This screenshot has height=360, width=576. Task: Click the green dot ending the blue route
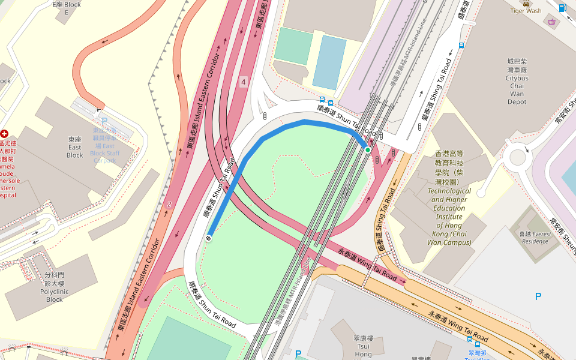[368, 150]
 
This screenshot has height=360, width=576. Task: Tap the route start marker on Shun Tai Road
[209, 238]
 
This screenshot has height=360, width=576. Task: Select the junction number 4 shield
[243, 82]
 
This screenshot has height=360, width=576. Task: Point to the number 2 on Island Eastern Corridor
[169, 205]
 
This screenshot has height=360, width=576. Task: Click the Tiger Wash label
[525, 10]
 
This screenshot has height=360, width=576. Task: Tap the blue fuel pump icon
[562, 8]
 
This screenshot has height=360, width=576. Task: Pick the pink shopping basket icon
[551, 22]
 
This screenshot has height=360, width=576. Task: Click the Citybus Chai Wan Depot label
[517, 82]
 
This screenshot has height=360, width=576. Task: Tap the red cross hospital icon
[5, 133]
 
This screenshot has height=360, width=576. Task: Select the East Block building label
[75, 147]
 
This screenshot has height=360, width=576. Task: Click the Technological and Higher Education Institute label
[449, 217]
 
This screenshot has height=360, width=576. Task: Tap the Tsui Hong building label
[363, 346]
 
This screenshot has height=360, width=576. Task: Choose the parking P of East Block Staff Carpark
[104, 121]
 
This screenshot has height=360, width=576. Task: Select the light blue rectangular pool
[329, 62]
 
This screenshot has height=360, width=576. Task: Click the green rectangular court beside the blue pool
[293, 46]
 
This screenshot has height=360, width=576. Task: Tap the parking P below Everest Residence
[538, 296]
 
